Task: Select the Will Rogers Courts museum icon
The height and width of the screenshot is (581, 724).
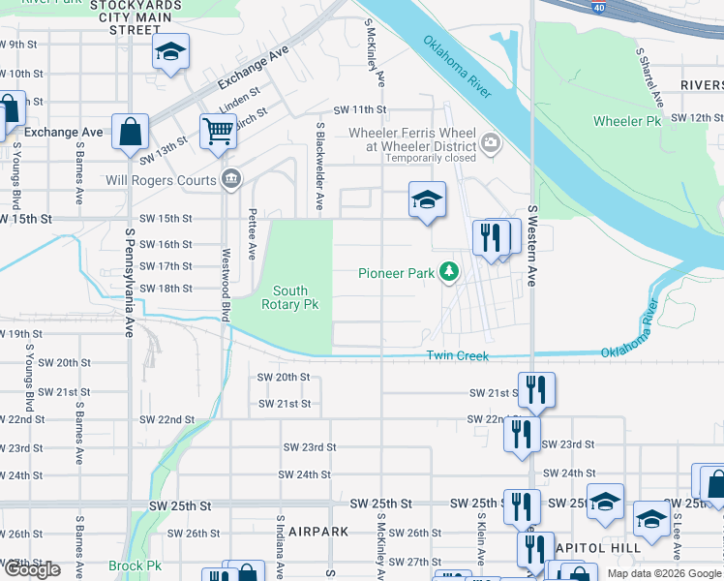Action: coord(231,177)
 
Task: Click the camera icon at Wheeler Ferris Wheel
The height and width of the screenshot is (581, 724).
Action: coord(491,145)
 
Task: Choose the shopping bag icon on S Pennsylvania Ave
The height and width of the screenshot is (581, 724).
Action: coord(130,132)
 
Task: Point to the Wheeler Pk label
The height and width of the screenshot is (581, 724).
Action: coord(626,121)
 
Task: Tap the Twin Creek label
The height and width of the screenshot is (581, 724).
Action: coord(459,356)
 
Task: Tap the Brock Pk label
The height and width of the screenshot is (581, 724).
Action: coord(135,566)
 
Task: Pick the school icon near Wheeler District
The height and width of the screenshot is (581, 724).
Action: coord(427,199)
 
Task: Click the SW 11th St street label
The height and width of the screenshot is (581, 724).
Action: coord(359,110)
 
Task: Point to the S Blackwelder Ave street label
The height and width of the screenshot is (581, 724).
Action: coord(318,166)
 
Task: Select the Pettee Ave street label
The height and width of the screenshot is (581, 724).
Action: coord(252,233)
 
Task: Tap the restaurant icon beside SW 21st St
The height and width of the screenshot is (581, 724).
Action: coord(536,389)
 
